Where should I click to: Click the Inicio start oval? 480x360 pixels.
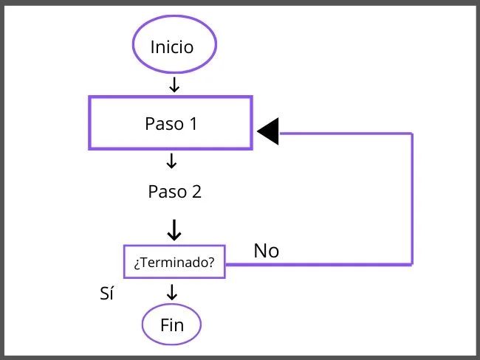pos(174,46)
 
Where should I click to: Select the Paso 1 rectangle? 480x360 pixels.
pos(171,123)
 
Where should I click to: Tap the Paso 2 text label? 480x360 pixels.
pos(174,192)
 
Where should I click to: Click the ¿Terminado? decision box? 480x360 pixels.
pos(174,262)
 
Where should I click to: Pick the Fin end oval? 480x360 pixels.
pos(171,325)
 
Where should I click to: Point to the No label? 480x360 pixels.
pos(267,251)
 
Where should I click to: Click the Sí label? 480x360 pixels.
pos(106,294)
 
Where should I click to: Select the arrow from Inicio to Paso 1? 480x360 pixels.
pos(174,85)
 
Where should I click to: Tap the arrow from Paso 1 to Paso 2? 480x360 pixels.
pos(172,160)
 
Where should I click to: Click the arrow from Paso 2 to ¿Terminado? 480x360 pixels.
pos(174,229)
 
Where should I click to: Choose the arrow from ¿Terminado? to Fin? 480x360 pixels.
pos(173,291)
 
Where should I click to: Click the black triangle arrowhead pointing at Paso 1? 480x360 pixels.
pos(268,132)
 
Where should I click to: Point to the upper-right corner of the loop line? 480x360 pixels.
pos(411,134)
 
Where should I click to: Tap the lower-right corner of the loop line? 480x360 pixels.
pos(411,263)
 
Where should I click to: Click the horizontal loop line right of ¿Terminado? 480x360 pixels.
pos(318,263)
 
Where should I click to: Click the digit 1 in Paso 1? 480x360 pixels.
pos(193,123)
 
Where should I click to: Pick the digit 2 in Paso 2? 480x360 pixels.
pos(196,192)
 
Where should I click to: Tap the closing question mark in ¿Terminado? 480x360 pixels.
pos(211,262)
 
